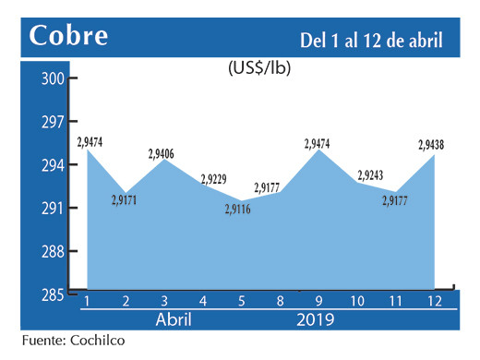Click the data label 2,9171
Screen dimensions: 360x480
(x=126, y=198)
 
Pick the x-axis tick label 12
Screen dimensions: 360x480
(x=434, y=302)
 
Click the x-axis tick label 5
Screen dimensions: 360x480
(x=242, y=302)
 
